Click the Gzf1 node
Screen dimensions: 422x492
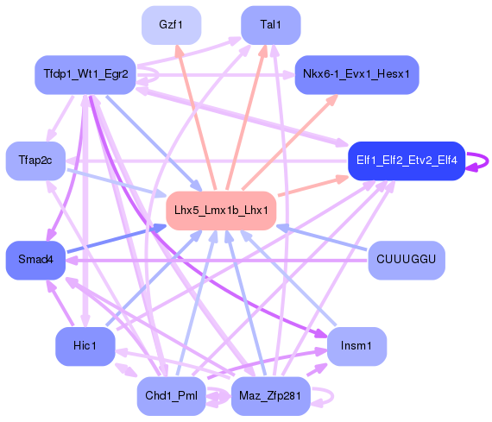[x=171, y=24]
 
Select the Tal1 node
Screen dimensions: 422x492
[x=270, y=24]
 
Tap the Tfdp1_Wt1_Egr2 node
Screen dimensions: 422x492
[x=85, y=74]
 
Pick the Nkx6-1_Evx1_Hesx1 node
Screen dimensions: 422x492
[x=356, y=75]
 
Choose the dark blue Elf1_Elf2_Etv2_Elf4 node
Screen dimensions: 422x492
[x=407, y=161]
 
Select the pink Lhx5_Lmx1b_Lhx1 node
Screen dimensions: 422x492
[x=221, y=211]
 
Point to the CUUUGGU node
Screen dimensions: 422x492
[x=406, y=260]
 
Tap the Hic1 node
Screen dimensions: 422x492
[x=85, y=346]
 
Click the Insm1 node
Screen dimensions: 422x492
[x=356, y=346]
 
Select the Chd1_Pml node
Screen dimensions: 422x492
[x=171, y=396]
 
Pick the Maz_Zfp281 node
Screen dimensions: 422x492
[x=271, y=396]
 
